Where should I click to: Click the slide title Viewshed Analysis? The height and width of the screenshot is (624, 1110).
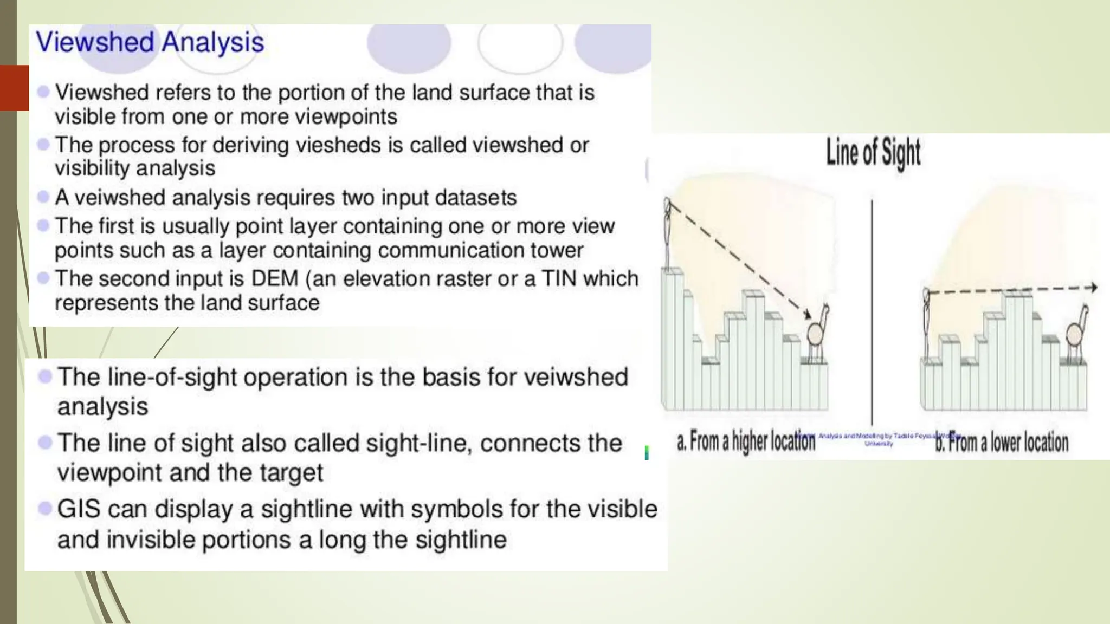(x=150, y=42)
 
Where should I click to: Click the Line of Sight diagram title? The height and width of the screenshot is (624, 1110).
(x=873, y=153)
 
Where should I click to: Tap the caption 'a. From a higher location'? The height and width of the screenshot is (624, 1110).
(x=746, y=442)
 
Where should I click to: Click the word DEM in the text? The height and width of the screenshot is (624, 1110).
(x=275, y=279)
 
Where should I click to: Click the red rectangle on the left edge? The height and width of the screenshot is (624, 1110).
(x=14, y=88)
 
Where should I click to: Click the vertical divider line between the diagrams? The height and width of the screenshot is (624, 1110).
(x=872, y=311)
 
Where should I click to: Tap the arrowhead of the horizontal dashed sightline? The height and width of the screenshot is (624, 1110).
(x=1094, y=288)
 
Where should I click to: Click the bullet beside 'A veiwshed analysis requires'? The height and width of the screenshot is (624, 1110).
(x=43, y=197)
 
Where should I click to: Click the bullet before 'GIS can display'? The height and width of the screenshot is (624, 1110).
(x=45, y=508)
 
